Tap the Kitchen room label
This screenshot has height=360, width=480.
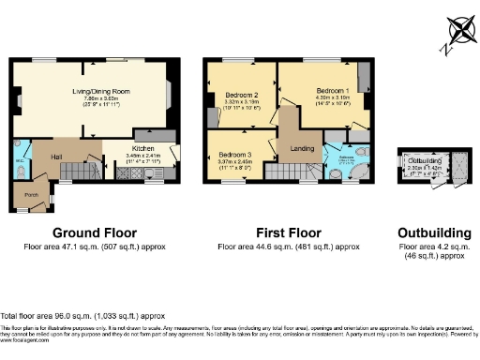click(x=142, y=148)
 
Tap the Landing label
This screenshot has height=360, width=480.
click(x=302, y=148)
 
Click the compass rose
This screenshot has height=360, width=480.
click(x=458, y=30)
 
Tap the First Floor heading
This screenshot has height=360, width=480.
click(x=289, y=232)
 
